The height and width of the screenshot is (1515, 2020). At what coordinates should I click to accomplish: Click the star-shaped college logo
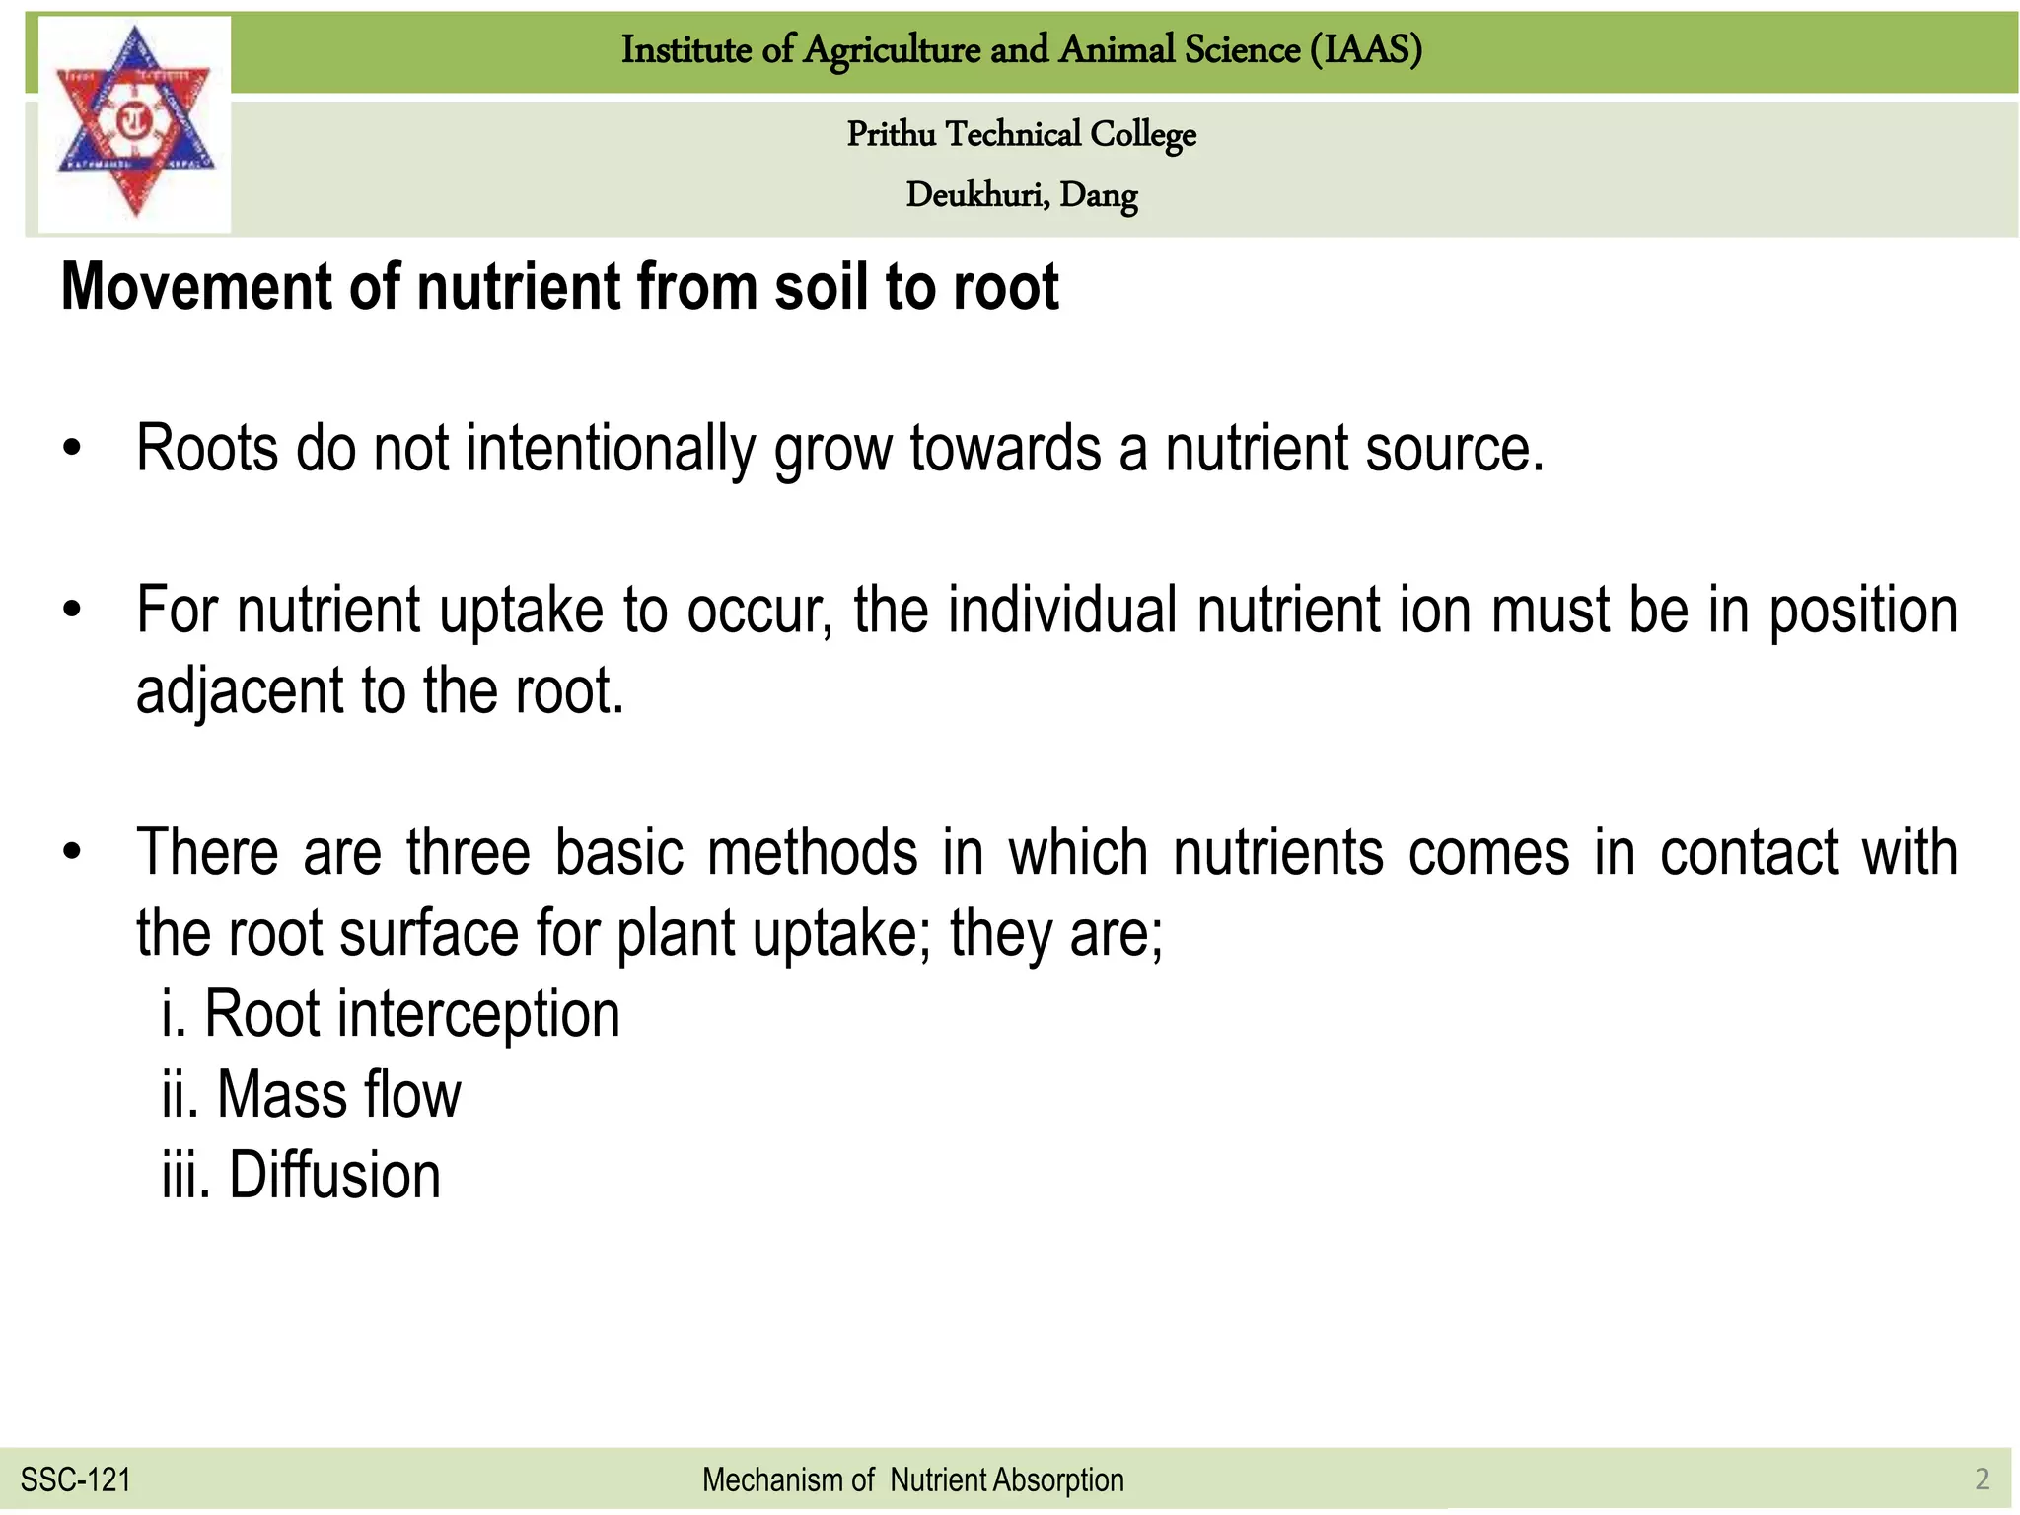134,122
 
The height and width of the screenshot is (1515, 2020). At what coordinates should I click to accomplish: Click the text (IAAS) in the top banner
1366,49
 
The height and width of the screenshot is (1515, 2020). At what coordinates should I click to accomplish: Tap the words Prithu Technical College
1021,134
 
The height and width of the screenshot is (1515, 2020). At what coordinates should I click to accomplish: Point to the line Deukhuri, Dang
1021,195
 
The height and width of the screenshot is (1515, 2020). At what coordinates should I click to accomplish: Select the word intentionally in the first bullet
610,449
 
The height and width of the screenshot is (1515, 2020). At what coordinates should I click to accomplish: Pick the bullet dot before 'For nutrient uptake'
71,612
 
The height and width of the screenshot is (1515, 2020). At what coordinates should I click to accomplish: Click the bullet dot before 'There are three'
71,853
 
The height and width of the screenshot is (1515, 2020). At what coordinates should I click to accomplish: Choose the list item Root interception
392,1014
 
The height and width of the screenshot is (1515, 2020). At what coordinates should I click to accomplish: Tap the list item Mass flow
312,1095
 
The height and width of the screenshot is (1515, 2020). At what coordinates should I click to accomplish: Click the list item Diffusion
302,1176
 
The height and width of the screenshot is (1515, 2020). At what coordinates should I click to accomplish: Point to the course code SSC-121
76,1479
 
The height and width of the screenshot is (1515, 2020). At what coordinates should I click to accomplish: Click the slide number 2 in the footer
1982,1479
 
